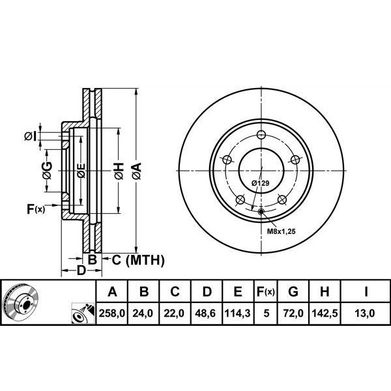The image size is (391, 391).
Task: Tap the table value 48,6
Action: tap(207, 313)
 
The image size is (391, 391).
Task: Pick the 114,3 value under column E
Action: tap(238, 313)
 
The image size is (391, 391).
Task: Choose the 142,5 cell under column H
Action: tap(327, 313)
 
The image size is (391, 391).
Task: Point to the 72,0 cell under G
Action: tap(297, 313)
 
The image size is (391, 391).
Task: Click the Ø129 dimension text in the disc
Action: tap(261, 184)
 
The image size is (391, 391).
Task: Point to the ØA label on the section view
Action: tap(136, 171)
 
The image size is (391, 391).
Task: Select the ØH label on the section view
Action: tap(118, 171)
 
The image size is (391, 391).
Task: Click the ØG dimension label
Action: tap(47, 171)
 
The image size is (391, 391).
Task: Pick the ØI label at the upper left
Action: tap(29, 136)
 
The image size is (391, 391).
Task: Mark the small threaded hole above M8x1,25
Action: tap(261, 211)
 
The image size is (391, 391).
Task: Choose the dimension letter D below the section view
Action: tap(80, 270)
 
